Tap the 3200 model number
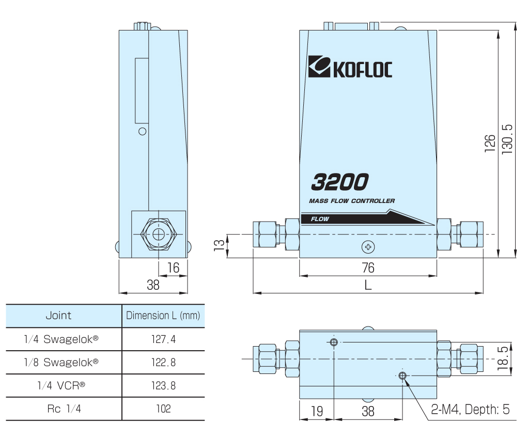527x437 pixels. point(340,182)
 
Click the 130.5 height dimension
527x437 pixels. point(507,139)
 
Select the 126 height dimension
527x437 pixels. point(490,144)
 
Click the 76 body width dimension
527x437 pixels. point(368,268)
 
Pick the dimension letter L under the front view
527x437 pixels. point(368,285)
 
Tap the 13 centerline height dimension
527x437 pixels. point(219,245)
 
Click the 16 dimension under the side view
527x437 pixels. point(173,268)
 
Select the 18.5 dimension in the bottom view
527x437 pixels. point(503,358)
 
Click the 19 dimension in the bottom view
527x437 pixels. point(317,411)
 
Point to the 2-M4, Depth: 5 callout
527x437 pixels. point(470,410)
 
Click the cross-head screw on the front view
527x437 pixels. point(368,247)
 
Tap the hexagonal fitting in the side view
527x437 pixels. point(158,234)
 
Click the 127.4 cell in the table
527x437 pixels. point(163,339)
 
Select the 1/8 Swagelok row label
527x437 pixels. point(61,362)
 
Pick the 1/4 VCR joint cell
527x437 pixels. point(61,385)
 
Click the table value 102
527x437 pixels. point(163,409)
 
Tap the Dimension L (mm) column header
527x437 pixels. point(163,316)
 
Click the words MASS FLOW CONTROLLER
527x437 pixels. point(352,201)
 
